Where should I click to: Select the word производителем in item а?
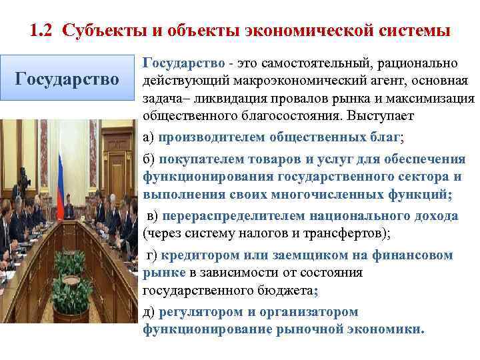click(x=212, y=137)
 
